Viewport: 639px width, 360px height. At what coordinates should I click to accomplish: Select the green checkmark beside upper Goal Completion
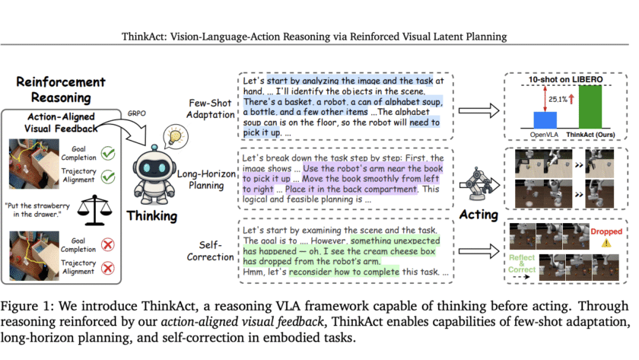(106, 152)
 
